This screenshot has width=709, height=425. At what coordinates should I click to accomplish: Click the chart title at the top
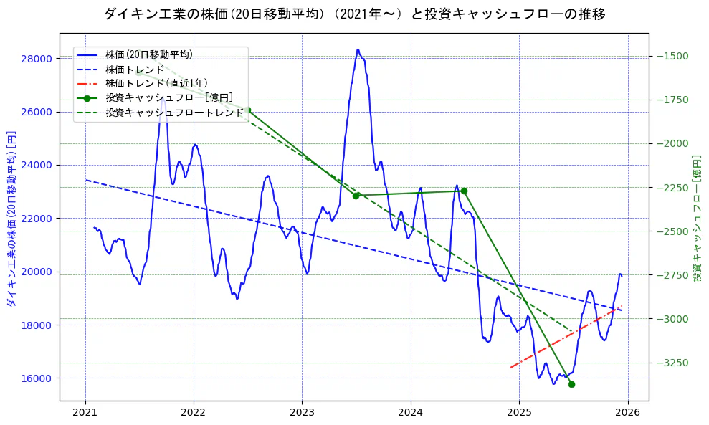point(354,14)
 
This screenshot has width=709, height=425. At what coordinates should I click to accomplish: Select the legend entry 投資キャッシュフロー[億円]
point(168,97)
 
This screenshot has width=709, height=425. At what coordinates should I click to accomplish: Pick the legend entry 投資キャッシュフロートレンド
point(174,113)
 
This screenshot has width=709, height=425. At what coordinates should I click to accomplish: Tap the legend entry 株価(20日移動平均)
point(148,54)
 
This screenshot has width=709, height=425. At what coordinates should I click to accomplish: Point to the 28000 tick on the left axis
point(39,58)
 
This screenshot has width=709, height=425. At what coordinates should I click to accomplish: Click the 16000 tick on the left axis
point(39,378)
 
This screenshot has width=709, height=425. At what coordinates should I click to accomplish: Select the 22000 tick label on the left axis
point(39,219)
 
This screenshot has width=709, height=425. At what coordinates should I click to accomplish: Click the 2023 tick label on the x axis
point(302,414)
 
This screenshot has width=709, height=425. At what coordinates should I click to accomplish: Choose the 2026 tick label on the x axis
point(628,414)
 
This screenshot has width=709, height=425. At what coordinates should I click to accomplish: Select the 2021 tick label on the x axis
point(85,414)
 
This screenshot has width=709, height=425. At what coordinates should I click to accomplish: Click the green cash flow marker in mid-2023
point(356,195)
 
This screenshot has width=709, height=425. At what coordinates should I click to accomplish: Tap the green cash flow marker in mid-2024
point(464,191)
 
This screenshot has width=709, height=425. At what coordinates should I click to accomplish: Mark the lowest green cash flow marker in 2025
point(571,384)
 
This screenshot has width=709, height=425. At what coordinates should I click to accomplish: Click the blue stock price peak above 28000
point(358,50)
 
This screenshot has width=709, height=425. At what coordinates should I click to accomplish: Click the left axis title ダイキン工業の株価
point(11,219)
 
